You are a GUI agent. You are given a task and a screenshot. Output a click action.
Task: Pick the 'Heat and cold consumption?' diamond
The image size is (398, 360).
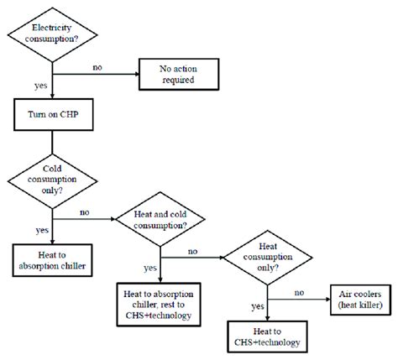tap(161, 222)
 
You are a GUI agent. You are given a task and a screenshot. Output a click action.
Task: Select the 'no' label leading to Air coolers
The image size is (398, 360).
tap(298, 293)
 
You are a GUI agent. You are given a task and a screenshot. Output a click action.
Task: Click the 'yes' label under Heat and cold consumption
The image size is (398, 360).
tap(149, 269)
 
